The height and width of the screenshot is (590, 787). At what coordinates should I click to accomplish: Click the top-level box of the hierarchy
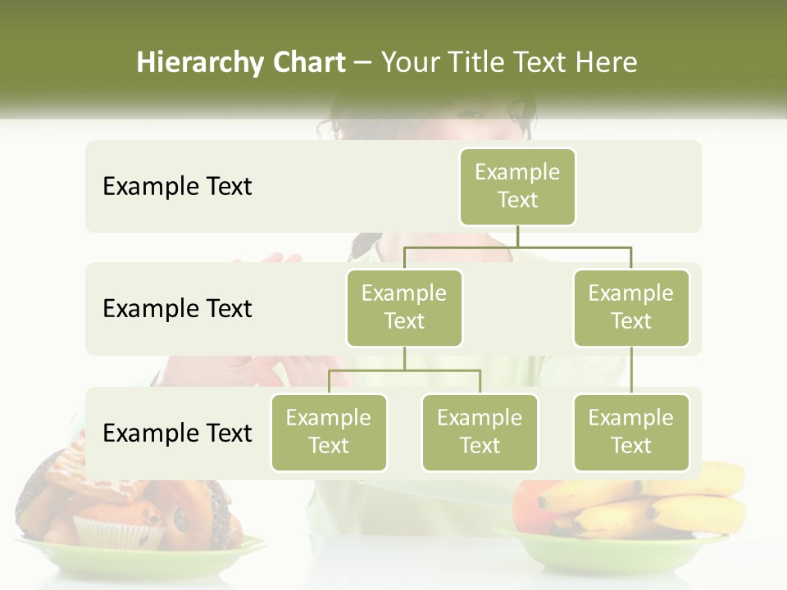pyautogui.click(x=517, y=187)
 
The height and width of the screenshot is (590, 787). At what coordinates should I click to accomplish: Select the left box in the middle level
pyautogui.click(x=404, y=308)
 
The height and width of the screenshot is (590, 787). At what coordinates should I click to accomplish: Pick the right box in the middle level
pyautogui.click(x=631, y=308)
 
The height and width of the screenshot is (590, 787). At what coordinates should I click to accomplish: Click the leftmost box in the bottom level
pyautogui.click(x=329, y=433)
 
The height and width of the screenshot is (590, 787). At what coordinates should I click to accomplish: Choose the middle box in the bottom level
pyautogui.click(x=480, y=433)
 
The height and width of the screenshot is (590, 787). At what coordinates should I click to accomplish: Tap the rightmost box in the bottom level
pyautogui.click(x=631, y=433)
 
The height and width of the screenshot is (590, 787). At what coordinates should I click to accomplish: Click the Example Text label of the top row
pyautogui.click(x=177, y=187)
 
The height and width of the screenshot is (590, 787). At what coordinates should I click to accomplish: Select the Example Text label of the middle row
pyautogui.click(x=177, y=309)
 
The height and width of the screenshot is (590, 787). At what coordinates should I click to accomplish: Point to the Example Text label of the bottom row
pyautogui.click(x=177, y=433)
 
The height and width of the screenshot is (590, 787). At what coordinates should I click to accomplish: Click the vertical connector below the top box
pyautogui.click(x=517, y=236)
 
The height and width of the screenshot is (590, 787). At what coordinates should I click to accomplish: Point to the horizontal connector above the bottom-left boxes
pyautogui.click(x=404, y=370)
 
